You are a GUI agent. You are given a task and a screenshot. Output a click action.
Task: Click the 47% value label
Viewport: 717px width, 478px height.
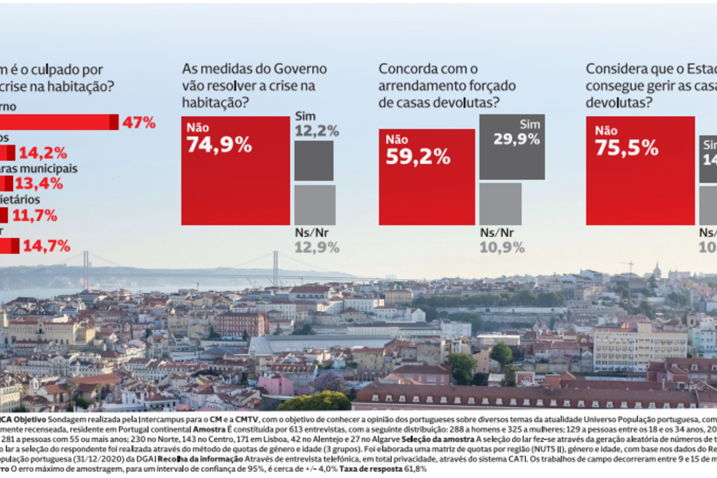[x=139, y=122]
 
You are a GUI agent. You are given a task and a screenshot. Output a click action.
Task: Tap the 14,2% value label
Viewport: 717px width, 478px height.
[x=42, y=153]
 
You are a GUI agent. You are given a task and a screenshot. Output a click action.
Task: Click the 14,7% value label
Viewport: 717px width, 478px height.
[x=47, y=246]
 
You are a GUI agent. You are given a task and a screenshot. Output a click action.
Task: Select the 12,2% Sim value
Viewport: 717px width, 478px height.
[x=316, y=131]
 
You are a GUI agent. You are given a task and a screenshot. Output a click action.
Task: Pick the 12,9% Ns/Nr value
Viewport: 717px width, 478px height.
[x=316, y=246]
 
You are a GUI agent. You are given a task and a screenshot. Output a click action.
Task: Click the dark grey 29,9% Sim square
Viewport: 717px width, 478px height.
[x=512, y=146]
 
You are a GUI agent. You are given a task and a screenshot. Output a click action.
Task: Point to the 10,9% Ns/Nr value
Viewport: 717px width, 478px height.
[x=502, y=247]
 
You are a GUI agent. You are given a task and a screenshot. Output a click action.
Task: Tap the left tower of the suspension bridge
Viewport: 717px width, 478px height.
[x=85, y=269]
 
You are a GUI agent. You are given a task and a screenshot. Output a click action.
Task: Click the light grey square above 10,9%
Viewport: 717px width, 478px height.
[x=500, y=204]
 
